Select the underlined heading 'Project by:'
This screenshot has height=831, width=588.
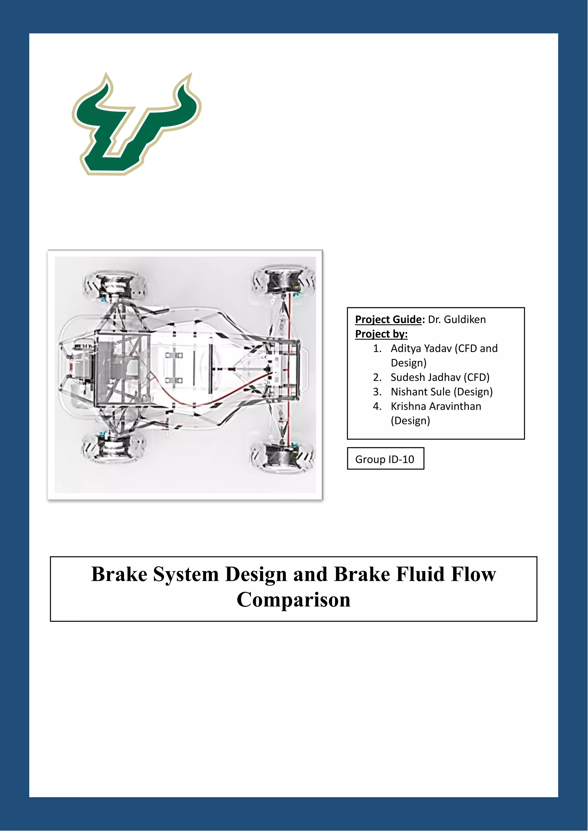point(381,334)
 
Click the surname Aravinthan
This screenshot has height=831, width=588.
point(455,406)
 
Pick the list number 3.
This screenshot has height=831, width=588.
point(377,392)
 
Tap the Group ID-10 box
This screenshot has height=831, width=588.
point(385,459)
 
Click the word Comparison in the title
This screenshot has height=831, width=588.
point(294,600)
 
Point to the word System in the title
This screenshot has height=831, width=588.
point(186,574)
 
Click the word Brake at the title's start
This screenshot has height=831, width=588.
point(119,574)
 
